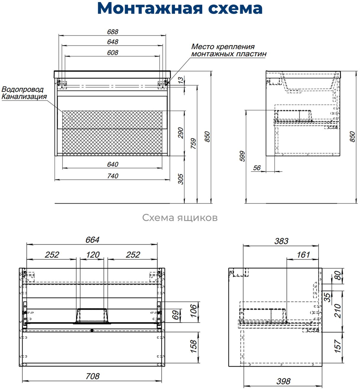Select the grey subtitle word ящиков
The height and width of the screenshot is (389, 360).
(x=197, y=218)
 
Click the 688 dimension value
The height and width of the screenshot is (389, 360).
(x=112, y=32)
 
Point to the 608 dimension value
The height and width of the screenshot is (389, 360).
(x=112, y=52)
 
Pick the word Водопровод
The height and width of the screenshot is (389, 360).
(x=22, y=89)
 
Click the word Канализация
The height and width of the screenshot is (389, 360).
(x=24, y=97)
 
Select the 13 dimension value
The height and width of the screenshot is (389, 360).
(x=181, y=80)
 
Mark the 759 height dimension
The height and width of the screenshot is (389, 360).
(x=193, y=143)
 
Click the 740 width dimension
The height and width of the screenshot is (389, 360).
(x=112, y=176)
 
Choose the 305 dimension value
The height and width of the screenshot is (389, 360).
(x=181, y=179)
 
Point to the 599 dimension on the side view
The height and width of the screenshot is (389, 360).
(x=242, y=156)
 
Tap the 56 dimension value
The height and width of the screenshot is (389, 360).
(x=257, y=168)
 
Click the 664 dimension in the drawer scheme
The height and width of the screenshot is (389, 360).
(x=92, y=240)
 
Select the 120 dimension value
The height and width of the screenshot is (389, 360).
(x=93, y=254)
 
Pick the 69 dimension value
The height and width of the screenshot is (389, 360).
(x=176, y=315)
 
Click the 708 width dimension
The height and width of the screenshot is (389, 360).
(x=92, y=376)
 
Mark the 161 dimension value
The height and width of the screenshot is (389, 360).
(x=303, y=254)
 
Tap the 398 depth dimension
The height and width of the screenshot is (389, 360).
(x=283, y=381)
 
